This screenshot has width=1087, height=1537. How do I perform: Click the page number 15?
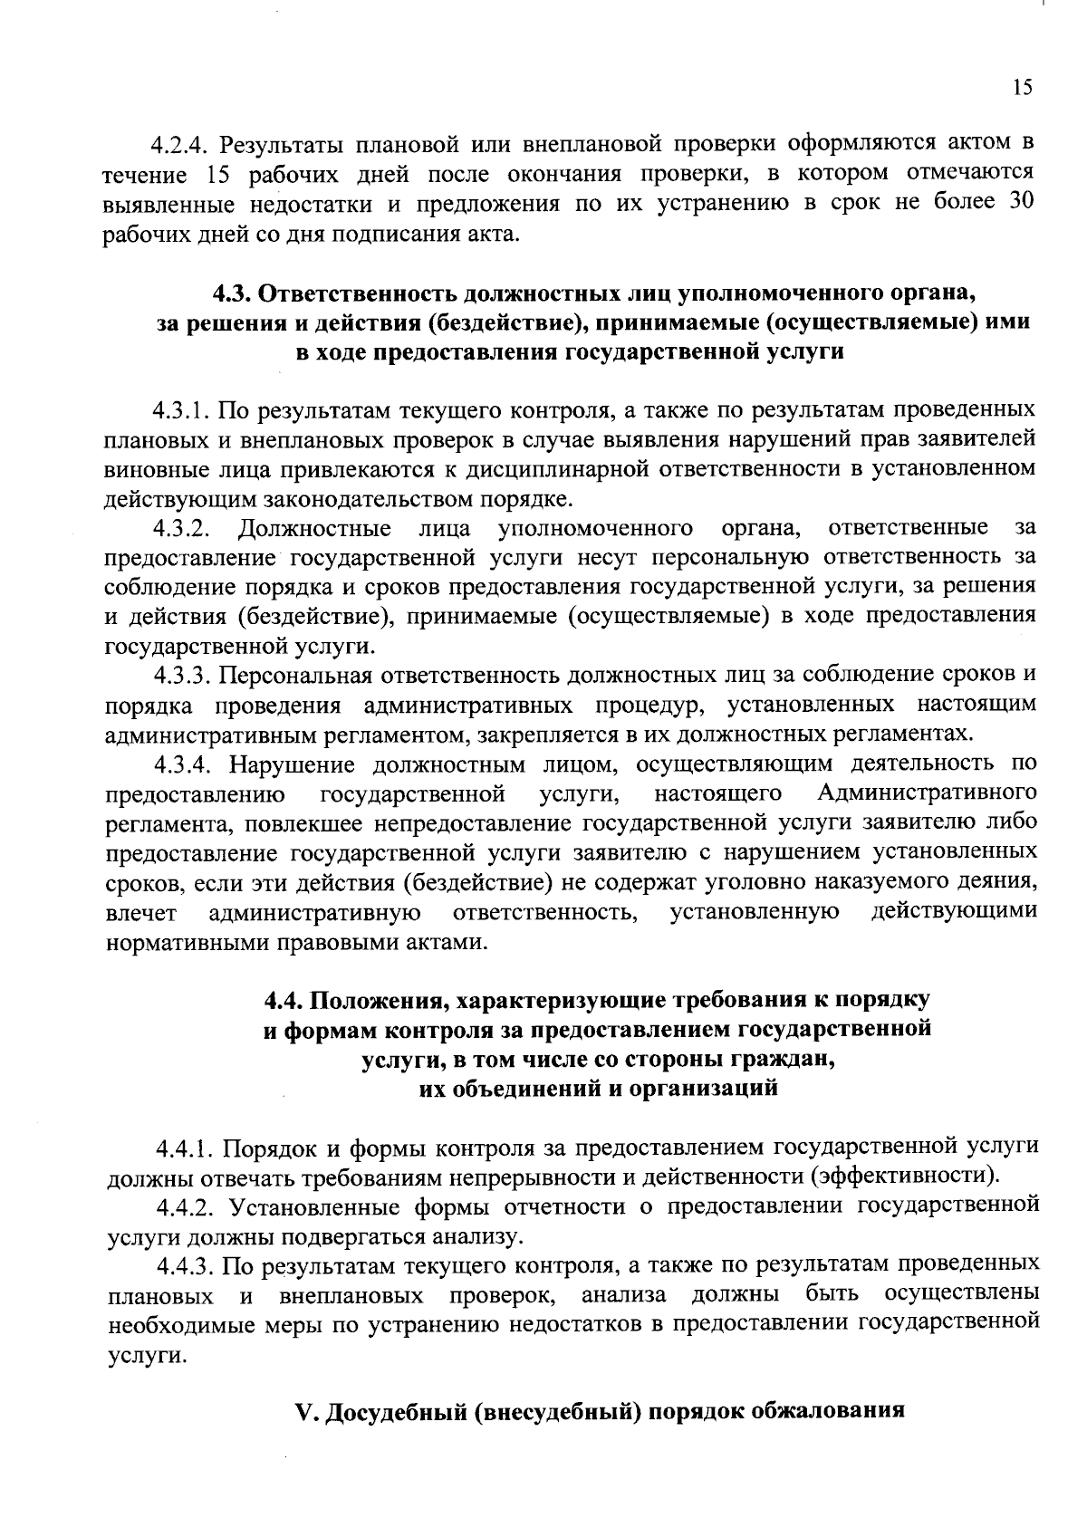click(x=1021, y=87)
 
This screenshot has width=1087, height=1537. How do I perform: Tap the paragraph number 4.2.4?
click(x=180, y=144)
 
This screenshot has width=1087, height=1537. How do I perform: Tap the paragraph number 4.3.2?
click(x=181, y=527)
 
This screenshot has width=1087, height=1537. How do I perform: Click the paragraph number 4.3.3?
click(x=181, y=675)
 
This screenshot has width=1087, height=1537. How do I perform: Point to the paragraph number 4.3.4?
click(x=181, y=764)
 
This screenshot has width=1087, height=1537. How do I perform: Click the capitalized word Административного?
click(x=927, y=794)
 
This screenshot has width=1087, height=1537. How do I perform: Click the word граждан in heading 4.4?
click(x=793, y=1060)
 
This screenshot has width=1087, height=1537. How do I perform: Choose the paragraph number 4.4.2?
click(x=186, y=1206)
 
